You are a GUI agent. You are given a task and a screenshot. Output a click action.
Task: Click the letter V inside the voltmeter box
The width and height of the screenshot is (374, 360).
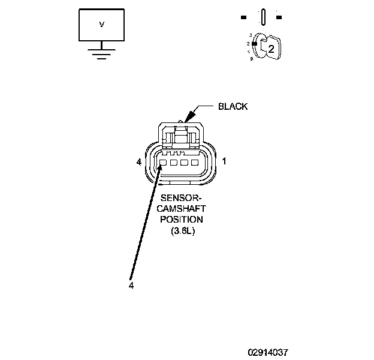101,25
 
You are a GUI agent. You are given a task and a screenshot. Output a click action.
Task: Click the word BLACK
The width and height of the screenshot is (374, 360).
233,107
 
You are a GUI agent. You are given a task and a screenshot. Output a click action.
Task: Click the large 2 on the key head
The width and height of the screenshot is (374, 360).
271,50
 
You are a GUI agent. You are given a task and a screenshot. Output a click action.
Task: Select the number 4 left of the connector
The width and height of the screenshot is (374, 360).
138,162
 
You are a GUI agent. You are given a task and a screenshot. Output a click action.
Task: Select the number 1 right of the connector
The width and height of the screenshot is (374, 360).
224,161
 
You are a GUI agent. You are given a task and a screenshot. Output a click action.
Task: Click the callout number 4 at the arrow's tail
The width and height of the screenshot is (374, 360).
131,286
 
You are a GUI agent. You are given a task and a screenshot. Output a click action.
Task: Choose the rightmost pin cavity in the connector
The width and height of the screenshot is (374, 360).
194,163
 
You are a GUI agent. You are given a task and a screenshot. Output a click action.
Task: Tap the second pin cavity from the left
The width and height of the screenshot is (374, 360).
172,163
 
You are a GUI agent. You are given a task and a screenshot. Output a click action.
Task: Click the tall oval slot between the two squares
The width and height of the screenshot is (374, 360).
263,16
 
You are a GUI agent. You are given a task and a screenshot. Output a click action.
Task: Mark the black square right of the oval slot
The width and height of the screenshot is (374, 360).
279,16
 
